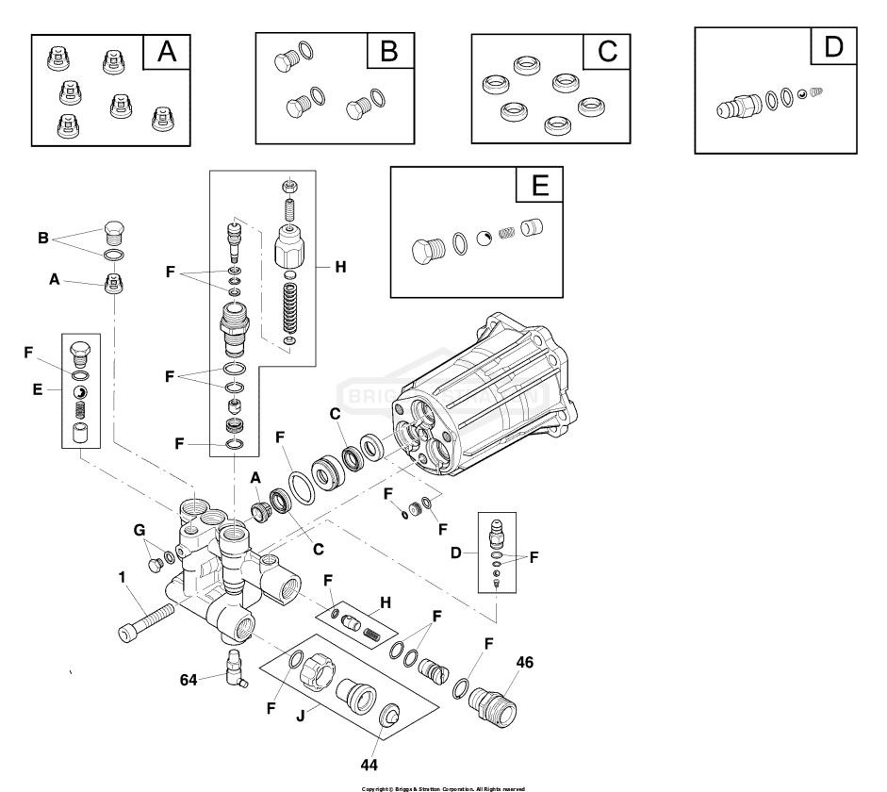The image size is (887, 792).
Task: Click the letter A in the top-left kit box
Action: pos(167,53)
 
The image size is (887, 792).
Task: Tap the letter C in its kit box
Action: pos(608,52)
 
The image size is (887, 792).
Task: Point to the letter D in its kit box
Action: pos(834,46)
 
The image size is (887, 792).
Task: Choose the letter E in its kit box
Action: pos(540,186)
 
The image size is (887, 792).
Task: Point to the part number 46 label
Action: pos(524,662)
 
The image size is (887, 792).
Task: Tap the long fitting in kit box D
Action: pos(738,106)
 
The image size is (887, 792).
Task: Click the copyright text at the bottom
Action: pos(443,786)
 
